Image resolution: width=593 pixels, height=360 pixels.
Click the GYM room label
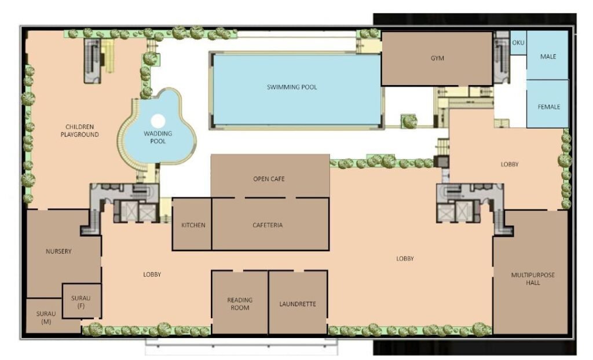pos(437,58)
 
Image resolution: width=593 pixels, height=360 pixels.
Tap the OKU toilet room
pos(518,43)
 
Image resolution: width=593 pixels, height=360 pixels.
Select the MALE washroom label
pos(548,57)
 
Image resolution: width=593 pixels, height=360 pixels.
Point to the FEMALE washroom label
pos(549,107)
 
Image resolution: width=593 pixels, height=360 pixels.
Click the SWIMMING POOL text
pos(292,87)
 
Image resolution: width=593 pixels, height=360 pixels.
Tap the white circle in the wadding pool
pos(158,121)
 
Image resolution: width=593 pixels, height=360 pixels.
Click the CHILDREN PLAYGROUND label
pos(80,130)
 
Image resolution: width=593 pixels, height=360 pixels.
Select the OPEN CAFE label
pos(269,179)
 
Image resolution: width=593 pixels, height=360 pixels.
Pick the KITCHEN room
pos(192,224)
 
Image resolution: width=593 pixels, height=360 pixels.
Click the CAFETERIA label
pos(268,225)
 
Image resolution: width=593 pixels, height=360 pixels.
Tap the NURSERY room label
pos(58,251)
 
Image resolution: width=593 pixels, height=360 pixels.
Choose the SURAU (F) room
pos(82,301)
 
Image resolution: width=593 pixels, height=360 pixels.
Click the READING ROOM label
pos(240,304)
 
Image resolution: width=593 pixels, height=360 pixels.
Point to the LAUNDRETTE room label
pos(298,304)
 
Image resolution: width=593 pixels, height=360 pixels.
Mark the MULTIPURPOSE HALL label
pos(533,279)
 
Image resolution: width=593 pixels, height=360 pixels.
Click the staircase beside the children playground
pos(92,61)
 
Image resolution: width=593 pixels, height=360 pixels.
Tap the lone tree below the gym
pos(409,122)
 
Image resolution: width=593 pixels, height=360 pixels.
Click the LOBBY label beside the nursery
pos(152,274)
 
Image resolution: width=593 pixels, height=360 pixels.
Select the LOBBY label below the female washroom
pos(510,164)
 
